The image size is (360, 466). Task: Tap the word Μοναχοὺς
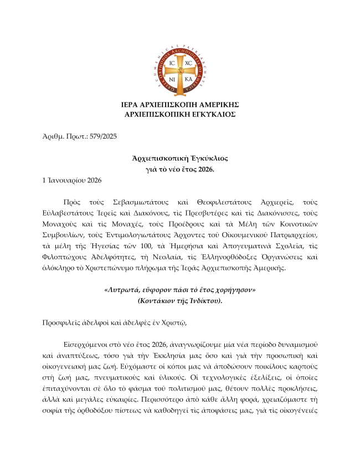coord(62,224)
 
